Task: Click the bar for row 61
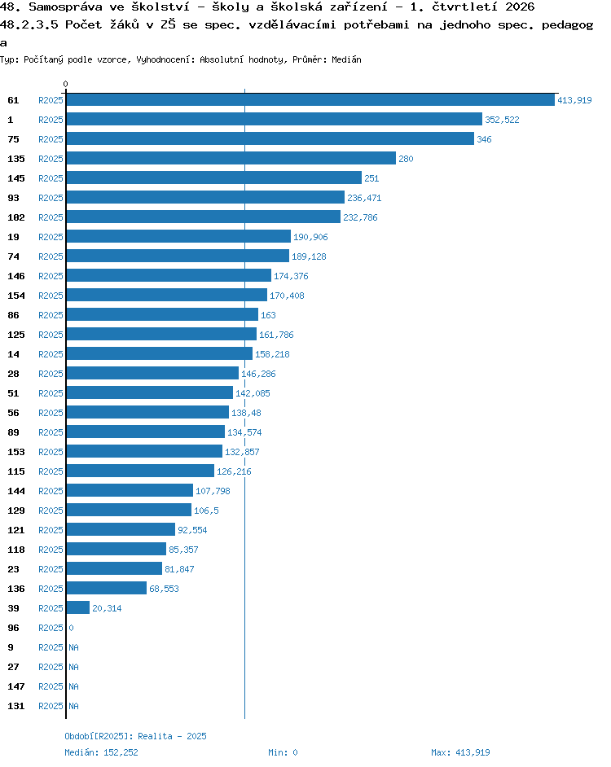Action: [310, 100]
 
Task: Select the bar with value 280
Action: [231, 159]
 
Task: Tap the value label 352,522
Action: [502, 120]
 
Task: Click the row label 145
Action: [16, 178]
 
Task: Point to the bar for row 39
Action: [78, 608]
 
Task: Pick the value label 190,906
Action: [310, 237]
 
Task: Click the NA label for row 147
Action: [73, 686]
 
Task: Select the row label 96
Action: [13, 628]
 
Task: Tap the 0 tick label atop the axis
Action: [66, 84]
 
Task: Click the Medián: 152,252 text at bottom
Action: [101, 752]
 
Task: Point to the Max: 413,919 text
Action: [460, 752]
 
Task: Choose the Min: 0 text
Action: [283, 752]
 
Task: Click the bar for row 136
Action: [106, 589]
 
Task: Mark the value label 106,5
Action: [206, 511]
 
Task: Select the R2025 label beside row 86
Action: [51, 315]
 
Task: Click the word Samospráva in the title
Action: [66, 7]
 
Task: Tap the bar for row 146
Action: [169, 275]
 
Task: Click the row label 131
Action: [16, 707]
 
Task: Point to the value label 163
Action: [268, 315]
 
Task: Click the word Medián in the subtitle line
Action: [346, 59]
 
